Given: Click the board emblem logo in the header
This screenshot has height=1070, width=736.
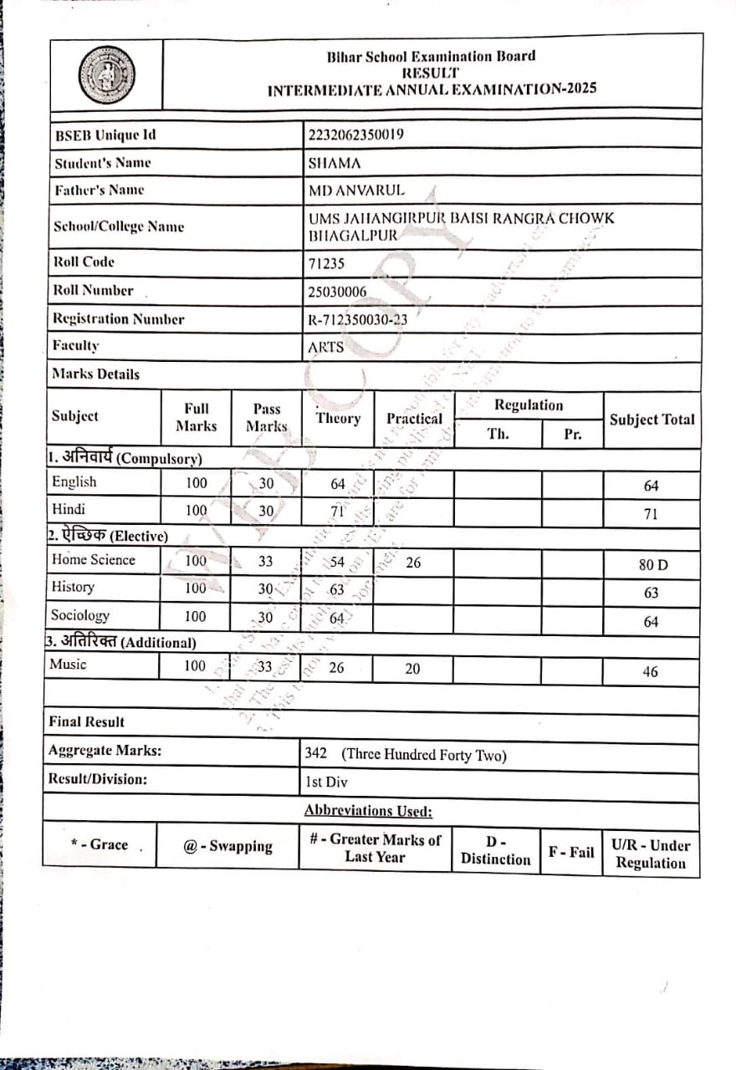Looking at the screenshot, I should pos(106,75).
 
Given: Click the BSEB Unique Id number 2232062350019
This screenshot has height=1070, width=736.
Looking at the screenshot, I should pos(356,135).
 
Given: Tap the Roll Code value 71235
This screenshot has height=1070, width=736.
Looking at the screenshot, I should pos(327,264).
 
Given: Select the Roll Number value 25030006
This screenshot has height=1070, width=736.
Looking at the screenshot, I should pos(337,292).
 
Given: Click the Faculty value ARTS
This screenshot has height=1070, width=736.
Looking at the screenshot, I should pos(326,346).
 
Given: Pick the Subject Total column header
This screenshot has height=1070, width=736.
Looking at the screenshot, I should pos(652,420).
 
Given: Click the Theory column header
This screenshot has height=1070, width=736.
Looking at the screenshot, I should pos(338,418).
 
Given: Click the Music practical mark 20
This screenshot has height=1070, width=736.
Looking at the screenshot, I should pos(412,669).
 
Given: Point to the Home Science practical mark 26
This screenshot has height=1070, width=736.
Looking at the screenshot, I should pos(412,563).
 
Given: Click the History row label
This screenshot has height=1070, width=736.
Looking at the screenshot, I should pos(73,588).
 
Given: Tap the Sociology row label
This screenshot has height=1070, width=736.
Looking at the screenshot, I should pos(80,616).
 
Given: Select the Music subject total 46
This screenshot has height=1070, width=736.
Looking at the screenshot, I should pos(651,671).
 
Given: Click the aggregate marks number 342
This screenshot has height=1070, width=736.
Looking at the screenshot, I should pos(316,753).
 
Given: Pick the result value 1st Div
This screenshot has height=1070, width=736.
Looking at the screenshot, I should pos(326,782).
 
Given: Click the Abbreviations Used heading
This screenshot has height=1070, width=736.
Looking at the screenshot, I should pos(368,810).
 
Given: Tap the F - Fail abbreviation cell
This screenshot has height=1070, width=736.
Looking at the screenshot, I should pos(570,853).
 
